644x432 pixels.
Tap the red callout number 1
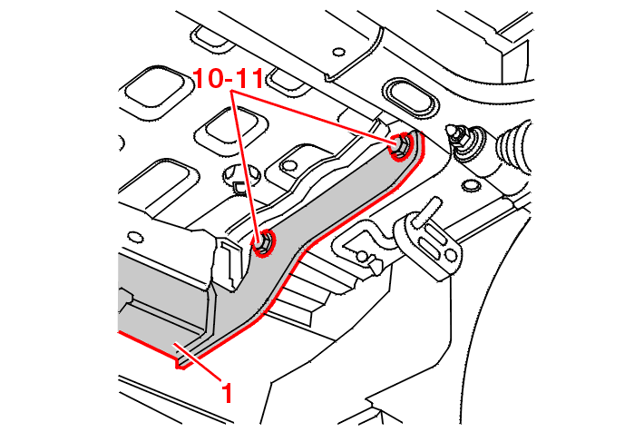point(228,392)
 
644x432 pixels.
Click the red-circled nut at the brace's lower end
point(263,244)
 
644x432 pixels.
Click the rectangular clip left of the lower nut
point(231,263)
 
